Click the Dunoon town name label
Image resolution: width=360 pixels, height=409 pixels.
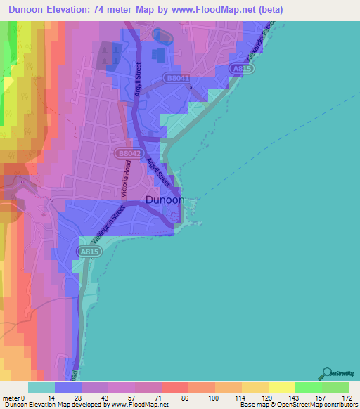coord(165,200)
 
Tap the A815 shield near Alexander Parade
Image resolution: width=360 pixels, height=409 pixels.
coord(241,69)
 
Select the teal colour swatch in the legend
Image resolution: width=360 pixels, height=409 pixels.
coord(41,387)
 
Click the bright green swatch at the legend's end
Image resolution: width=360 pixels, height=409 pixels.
coord(335,387)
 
